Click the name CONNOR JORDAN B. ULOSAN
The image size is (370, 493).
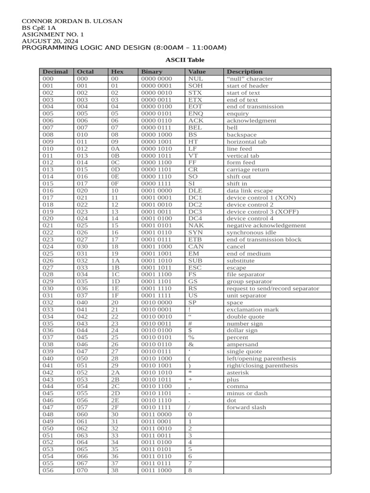(72, 21)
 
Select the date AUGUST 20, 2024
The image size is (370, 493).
(50, 41)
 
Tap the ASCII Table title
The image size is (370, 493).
(185, 60)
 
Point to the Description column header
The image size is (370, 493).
(245, 72)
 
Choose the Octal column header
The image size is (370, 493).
(86, 72)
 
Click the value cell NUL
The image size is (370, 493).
(196, 78)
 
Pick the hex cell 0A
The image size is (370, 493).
(115, 149)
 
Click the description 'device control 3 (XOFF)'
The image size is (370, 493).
(261, 211)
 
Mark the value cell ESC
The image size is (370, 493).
(195, 267)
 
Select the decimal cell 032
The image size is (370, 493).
(48, 302)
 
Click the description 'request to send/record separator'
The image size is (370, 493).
(273, 288)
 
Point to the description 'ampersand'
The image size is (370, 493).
(242, 344)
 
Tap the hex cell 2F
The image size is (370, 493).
(115, 407)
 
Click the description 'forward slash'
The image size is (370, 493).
(246, 407)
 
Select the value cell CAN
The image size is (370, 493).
(196, 246)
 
